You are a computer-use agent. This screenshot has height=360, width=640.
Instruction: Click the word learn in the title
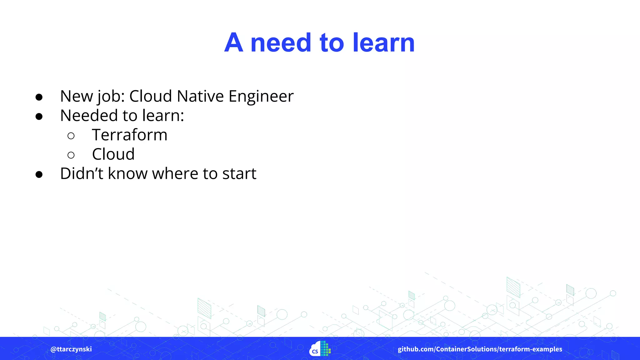384,43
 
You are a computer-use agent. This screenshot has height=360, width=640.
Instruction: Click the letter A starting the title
234,43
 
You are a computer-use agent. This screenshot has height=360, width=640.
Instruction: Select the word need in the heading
281,43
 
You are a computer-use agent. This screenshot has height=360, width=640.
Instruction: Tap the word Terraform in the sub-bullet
130,135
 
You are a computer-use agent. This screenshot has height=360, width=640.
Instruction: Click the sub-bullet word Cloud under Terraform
113,154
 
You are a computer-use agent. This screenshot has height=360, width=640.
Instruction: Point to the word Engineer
261,96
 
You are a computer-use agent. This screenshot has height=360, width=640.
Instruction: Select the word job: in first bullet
111,96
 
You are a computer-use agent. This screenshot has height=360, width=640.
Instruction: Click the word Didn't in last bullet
81,174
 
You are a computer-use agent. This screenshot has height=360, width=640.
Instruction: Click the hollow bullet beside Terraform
71,136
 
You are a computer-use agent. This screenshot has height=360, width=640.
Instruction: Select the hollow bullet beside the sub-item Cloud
71,155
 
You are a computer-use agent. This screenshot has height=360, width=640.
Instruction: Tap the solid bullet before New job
39,97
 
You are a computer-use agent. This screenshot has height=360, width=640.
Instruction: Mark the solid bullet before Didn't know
39,174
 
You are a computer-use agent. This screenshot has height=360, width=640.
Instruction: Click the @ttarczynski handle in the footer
71,349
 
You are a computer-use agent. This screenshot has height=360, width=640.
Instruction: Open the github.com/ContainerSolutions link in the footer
480,349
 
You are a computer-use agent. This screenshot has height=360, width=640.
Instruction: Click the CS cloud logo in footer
320,349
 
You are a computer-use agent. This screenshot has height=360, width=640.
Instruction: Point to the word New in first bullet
76,96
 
